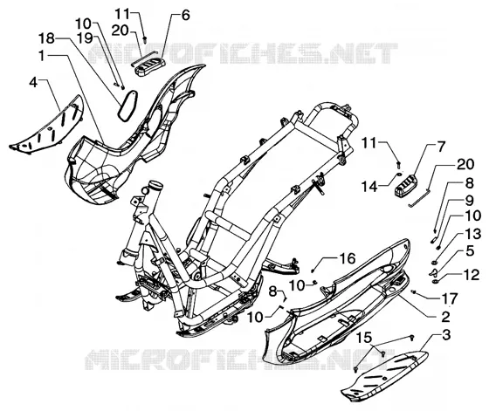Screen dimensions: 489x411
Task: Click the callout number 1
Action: pyautogui.click(x=43, y=56)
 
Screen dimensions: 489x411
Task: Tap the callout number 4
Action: pyautogui.click(x=33, y=82)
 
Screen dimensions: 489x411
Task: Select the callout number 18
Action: pyautogui.click(x=46, y=38)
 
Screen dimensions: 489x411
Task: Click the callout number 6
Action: pyautogui.click(x=186, y=15)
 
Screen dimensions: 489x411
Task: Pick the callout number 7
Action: pyautogui.click(x=440, y=147)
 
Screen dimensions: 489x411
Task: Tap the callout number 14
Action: pyautogui.click(x=369, y=187)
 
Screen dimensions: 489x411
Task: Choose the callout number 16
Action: pyautogui.click(x=348, y=258)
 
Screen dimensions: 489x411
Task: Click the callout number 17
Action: pyautogui.click(x=449, y=298)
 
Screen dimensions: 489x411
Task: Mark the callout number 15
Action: pyautogui.click(x=364, y=337)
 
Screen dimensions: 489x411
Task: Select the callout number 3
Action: pyautogui.click(x=446, y=335)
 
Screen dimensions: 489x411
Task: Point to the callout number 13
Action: pyautogui.click(x=473, y=233)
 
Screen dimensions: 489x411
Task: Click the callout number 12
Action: pyautogui.click(x=472, y=275)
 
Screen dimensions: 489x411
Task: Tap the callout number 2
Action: pyautogui.click(x=446, y=317)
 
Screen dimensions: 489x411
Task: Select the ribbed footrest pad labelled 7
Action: pyautogui.click(x=406, y=186)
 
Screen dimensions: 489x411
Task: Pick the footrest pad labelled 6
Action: pyautogui.click(x=149, y=66)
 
